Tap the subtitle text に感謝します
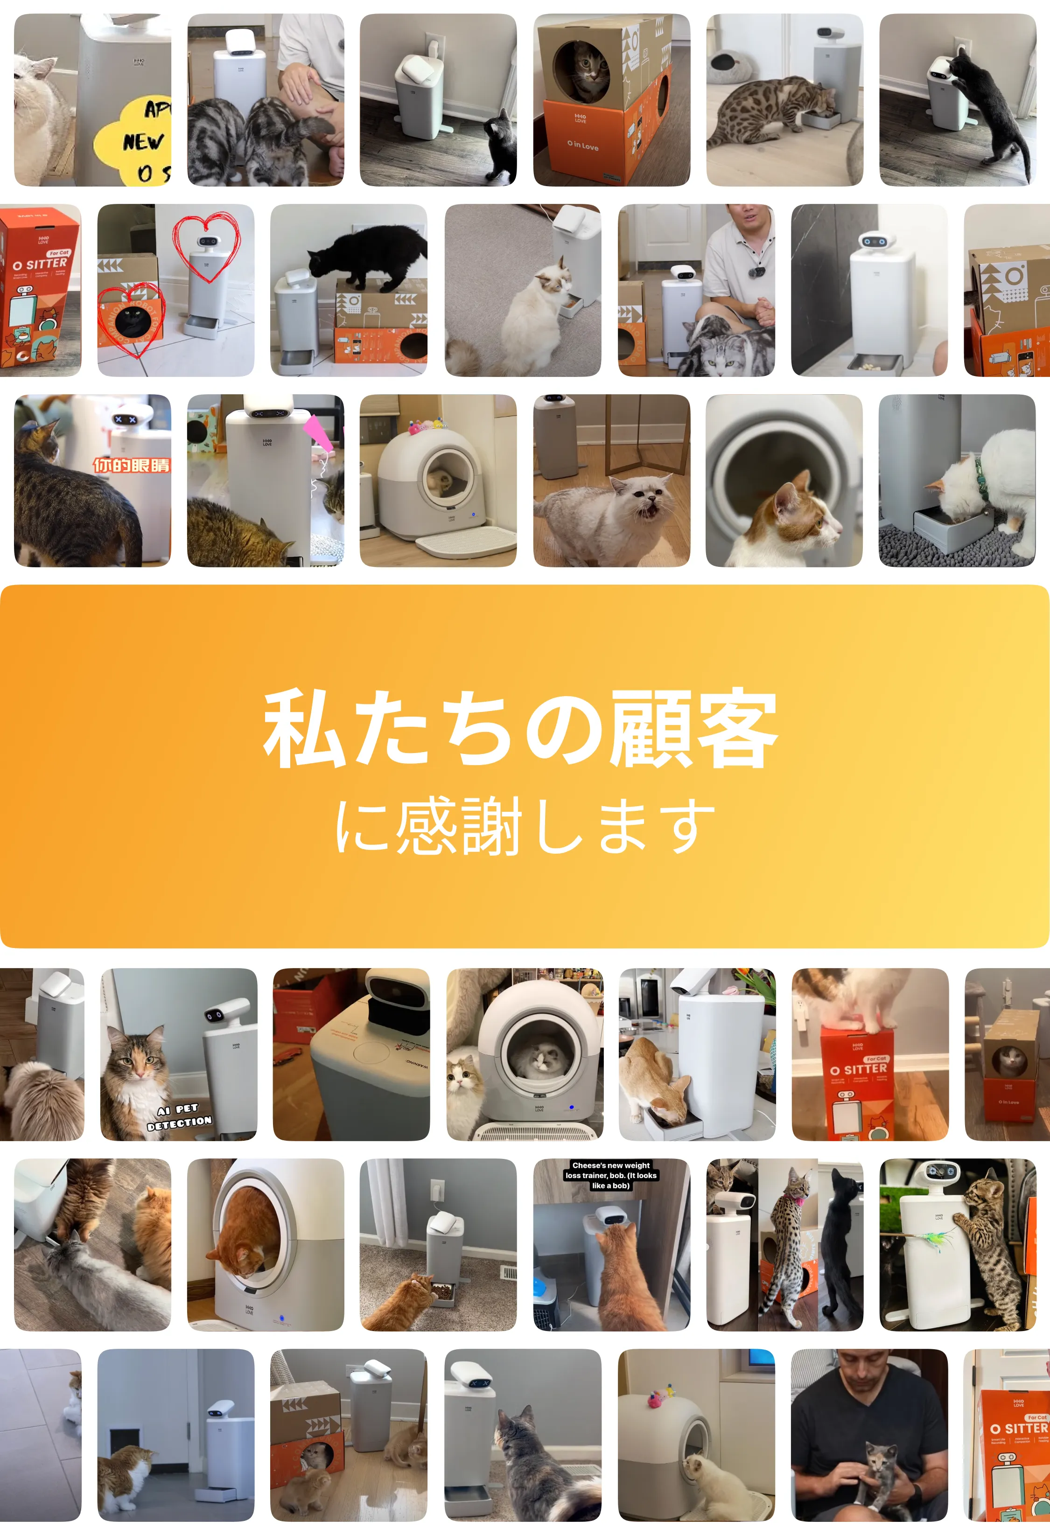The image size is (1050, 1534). [525, 826]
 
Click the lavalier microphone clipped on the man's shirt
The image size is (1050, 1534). [760, 271]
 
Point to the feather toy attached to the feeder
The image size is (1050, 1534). [937, 1236]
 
